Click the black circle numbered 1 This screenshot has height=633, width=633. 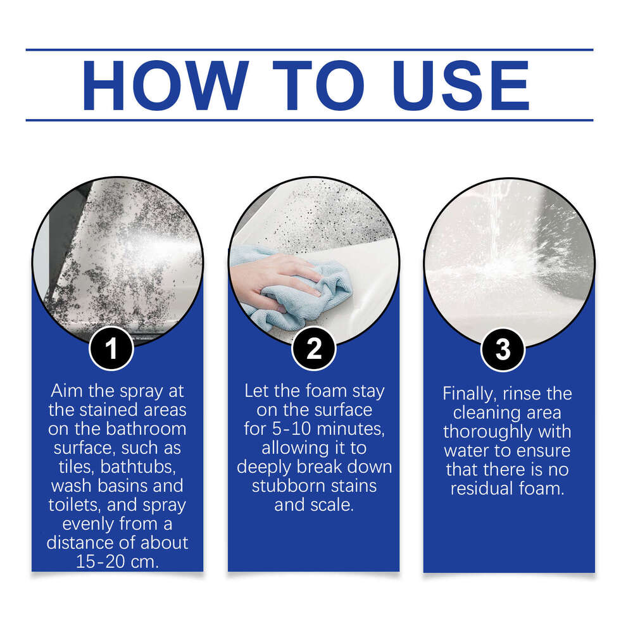tap(111, 349)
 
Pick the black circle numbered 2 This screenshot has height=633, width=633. tap(314, 349)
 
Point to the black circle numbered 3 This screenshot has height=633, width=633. tap(503, 349)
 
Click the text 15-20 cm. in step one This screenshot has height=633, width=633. tap(117, 561)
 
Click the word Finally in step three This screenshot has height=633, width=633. tap(469, 393)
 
